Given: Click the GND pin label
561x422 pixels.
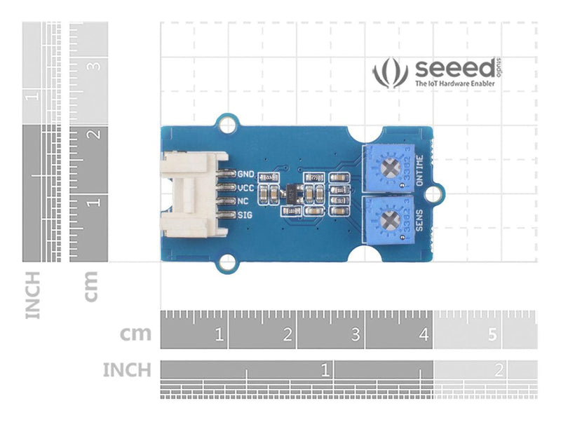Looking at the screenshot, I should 246,174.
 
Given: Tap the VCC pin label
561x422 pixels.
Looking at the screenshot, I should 246,188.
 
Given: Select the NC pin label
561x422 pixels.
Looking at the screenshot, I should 244,201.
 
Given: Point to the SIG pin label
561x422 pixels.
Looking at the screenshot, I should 245,215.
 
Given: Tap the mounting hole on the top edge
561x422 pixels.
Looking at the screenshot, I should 226,125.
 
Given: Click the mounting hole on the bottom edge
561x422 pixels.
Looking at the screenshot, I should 226,262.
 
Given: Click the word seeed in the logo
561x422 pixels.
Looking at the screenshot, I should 454,69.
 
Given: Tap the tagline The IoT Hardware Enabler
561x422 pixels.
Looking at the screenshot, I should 456,83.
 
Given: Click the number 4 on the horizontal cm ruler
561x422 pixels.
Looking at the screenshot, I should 424,336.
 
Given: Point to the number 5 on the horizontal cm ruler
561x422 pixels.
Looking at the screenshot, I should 492,336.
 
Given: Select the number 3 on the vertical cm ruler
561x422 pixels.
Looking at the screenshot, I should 94,66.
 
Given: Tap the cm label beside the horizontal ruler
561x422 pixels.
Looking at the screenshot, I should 135,334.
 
